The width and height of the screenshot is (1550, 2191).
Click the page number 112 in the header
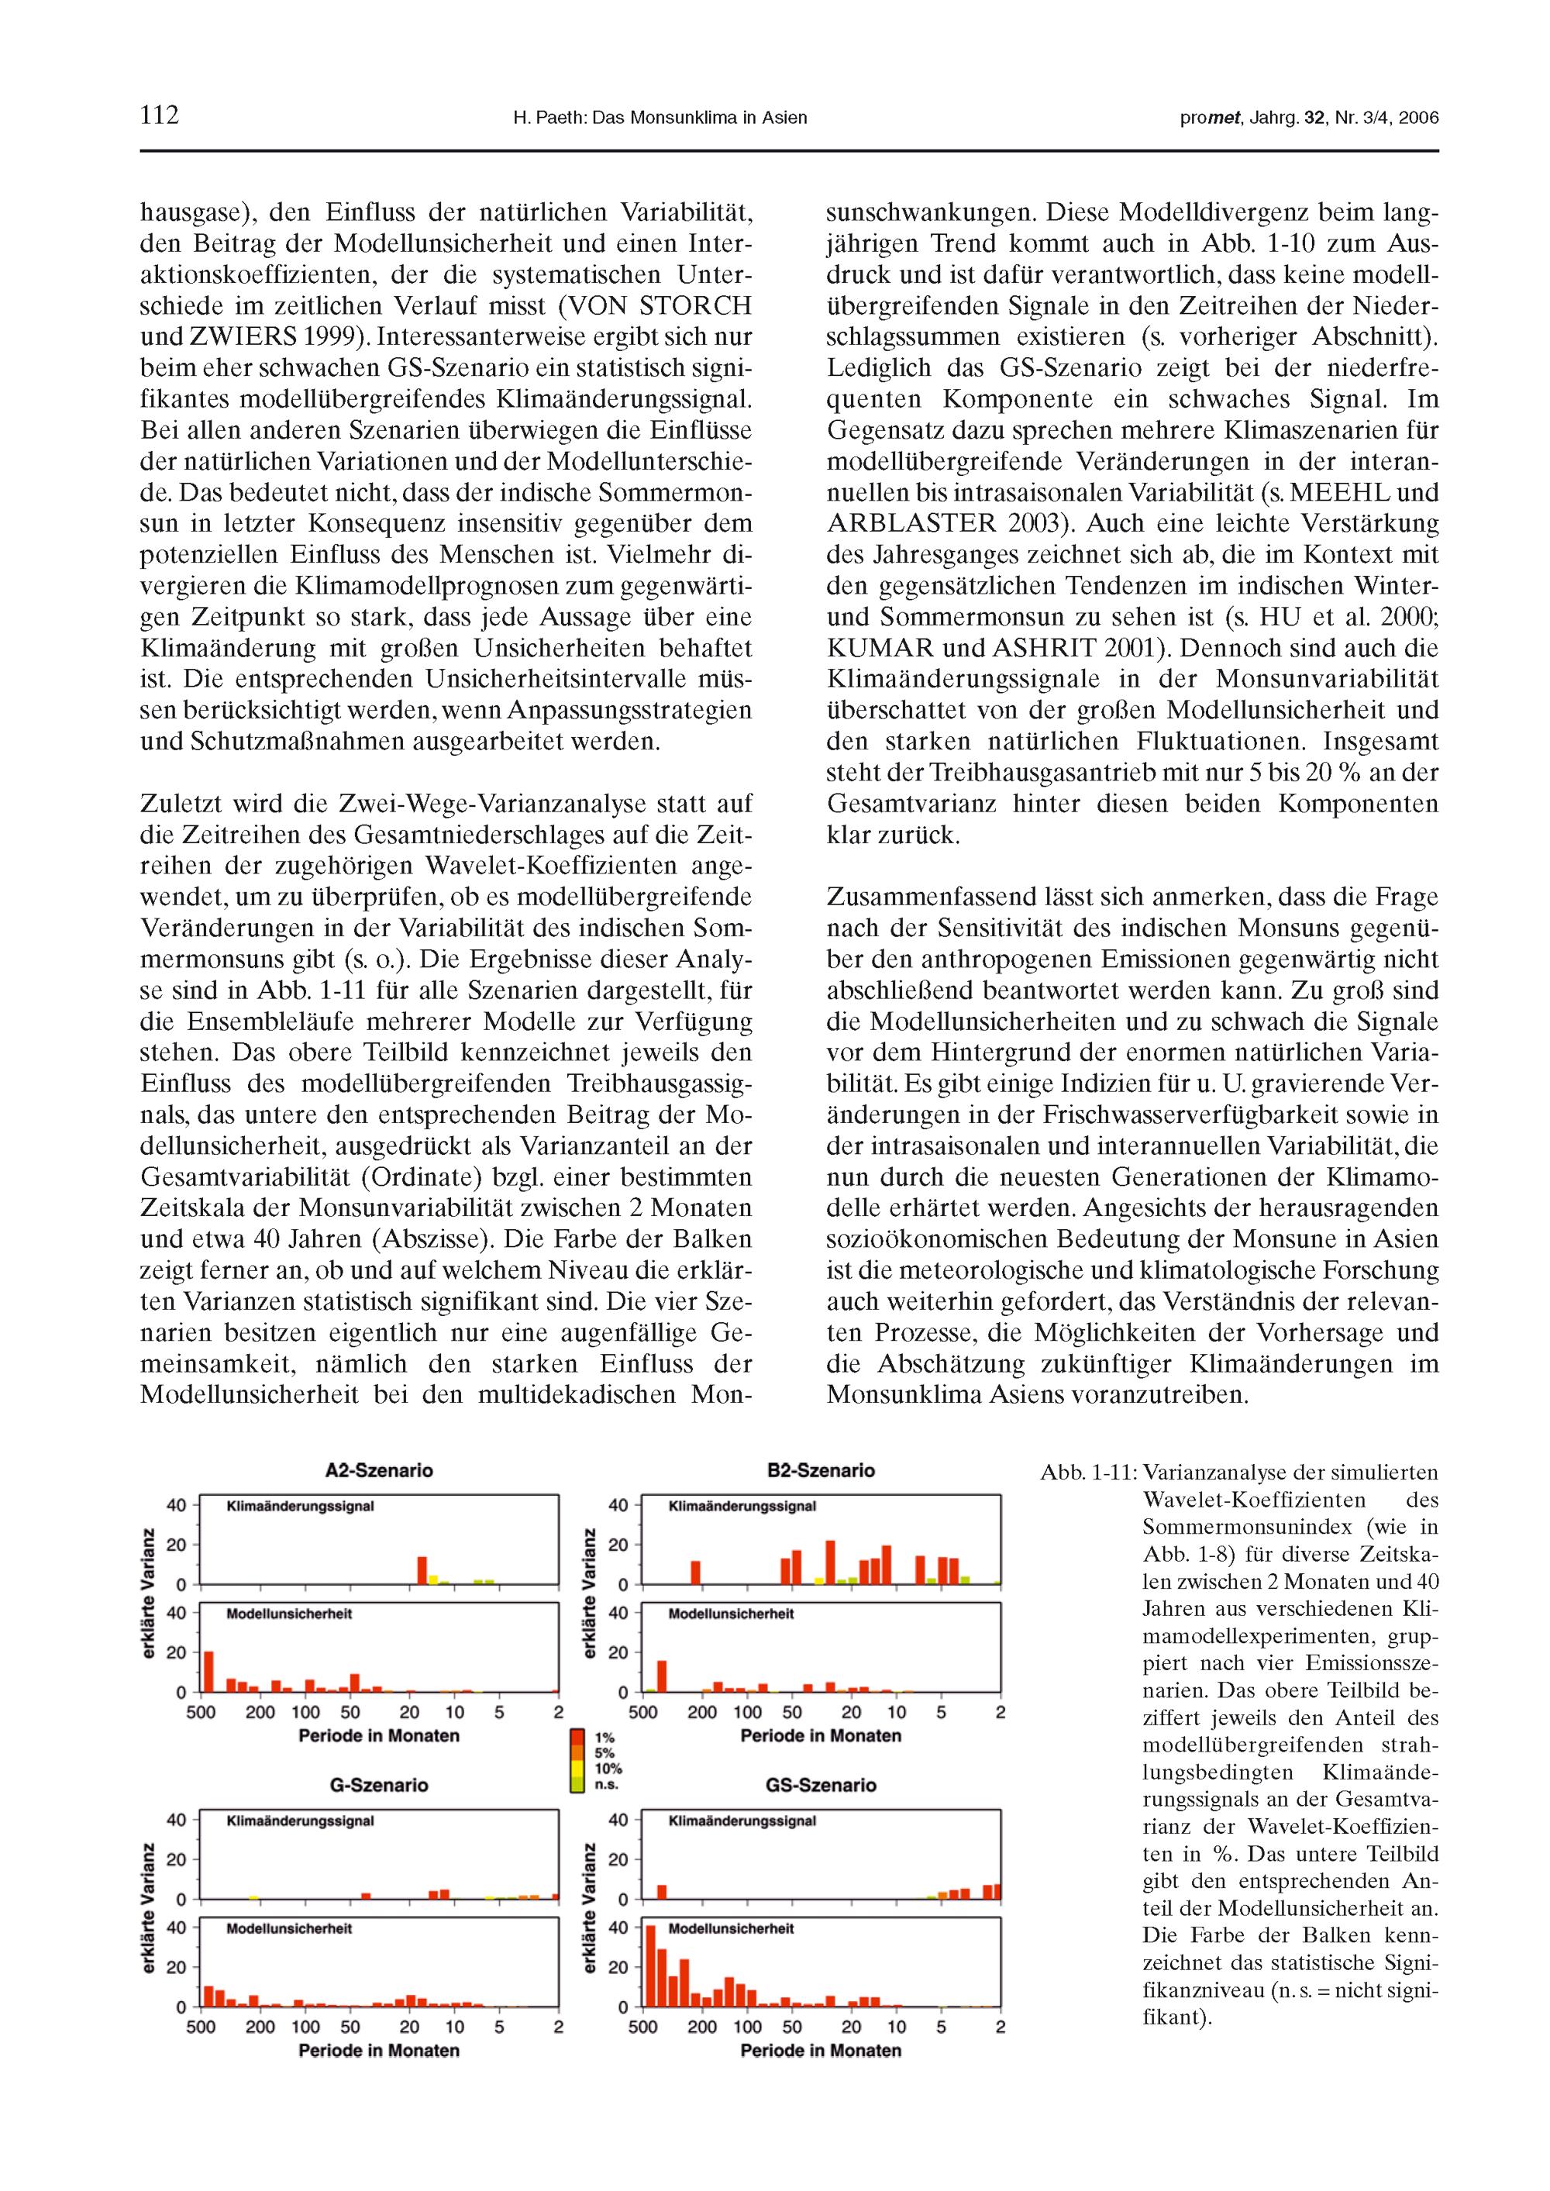point(160,115)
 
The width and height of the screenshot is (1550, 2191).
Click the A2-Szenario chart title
point(379,1470)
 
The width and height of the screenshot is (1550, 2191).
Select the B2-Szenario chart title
point(821,1470)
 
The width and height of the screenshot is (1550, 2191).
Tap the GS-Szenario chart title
point(821,1784)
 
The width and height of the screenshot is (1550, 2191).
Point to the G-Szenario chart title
point(379,1784)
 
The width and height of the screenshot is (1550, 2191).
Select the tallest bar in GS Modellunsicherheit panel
point(650,1965)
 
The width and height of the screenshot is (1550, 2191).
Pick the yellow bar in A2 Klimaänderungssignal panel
point(433,1580)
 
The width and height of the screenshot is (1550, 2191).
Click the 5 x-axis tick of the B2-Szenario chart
point(941,1712)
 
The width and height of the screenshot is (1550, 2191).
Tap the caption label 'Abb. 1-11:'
point(1088,1473)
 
